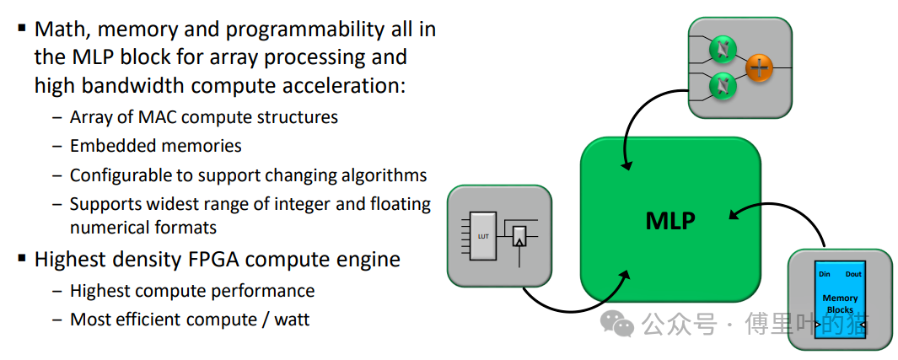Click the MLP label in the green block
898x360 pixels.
[670, 221]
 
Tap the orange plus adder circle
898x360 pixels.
[760, 68]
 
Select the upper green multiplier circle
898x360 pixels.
[723, 51]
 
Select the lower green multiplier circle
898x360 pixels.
[723, 85]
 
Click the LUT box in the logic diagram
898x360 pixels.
[483, 236]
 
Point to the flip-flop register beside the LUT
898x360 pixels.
[520, 238]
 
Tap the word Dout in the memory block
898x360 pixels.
[852, 274]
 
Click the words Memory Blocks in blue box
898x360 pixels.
[839, 304]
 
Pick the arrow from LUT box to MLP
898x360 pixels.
[573, 299]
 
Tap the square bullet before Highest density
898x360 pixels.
[22, 259]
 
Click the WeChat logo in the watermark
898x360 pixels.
[622, 323]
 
